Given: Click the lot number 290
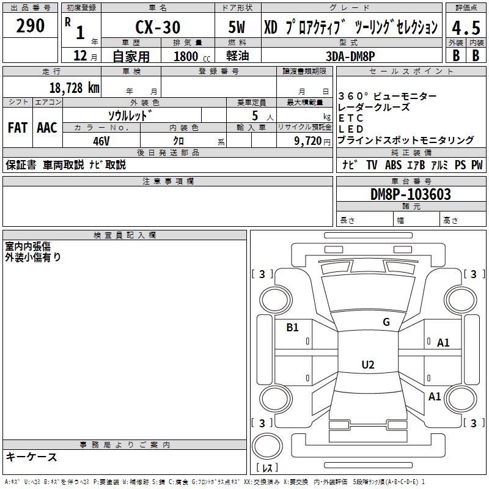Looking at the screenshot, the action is point(31,26).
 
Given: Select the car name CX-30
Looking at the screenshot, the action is point(157,28).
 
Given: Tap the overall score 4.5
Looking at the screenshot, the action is point(465,28).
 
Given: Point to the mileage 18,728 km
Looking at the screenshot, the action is point(74,87).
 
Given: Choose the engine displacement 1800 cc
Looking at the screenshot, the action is point(189,56).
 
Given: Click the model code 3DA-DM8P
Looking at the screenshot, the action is point(351,56).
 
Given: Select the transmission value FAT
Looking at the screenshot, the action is point(18,128).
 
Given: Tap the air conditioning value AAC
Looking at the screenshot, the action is point(47,128).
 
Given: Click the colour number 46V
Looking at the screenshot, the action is point(101,141).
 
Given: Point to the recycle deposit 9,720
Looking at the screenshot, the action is point(306,141).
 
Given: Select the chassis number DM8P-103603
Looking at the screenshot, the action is point(411,194).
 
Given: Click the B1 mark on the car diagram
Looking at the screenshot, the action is point(293,328).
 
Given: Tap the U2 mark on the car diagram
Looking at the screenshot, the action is point(367,365).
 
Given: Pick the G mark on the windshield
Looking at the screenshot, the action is point(386,322).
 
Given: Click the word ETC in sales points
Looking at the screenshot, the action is point(351,118).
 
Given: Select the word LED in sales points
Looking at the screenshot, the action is point(351,129).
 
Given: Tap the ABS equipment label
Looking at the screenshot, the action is point(393,165).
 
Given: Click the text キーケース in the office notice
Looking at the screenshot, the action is point(32,457).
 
